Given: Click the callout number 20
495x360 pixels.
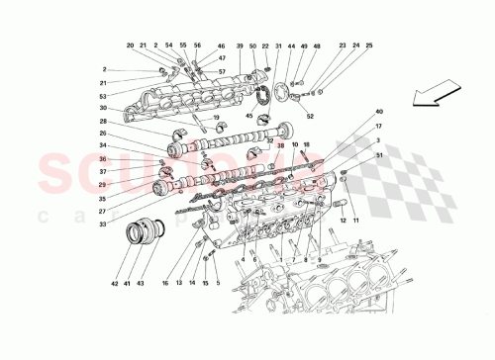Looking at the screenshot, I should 130,46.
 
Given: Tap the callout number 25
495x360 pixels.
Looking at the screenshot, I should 369,46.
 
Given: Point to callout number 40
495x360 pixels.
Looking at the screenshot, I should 378,112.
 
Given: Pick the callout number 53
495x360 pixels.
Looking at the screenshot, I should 103,96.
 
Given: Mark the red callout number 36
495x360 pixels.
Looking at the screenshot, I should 103,160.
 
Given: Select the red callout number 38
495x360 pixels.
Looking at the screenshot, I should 280,145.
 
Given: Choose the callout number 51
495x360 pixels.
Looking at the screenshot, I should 378,155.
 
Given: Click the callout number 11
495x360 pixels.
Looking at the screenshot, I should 355,221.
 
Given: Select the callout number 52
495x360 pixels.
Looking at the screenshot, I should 309,116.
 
